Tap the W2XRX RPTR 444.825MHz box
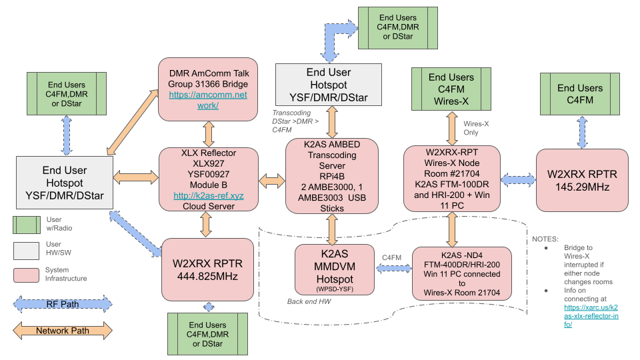pos(205,269)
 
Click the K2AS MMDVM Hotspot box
pos(331,269)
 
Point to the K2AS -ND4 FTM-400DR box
pos(461,273)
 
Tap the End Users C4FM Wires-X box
pos(451,89)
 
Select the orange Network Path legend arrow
pos(61,330)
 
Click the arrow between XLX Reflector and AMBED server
pos(272,181)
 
